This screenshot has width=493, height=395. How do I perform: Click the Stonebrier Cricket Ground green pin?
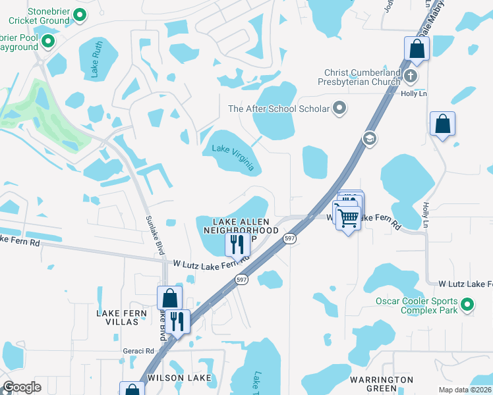(80, 14)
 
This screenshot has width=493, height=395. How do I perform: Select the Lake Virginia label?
(233, 157)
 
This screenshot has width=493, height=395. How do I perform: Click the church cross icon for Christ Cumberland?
(410, 76)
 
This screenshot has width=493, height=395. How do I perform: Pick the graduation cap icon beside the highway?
(369, 138)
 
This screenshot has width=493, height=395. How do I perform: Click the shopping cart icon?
(348, 217)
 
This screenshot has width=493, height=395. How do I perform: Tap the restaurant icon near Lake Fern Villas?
(177, 321)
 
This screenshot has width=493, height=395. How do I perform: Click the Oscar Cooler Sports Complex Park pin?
(467, 304)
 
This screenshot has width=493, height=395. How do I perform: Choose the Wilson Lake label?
(179, 378)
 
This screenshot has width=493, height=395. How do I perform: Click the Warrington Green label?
(381, 384)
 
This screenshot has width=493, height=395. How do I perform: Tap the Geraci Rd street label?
(138, 351)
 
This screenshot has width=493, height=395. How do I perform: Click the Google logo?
(22, 387)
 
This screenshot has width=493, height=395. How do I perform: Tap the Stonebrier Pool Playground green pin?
(48, 42)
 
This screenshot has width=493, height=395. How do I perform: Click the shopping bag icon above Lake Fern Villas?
(170, 298)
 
